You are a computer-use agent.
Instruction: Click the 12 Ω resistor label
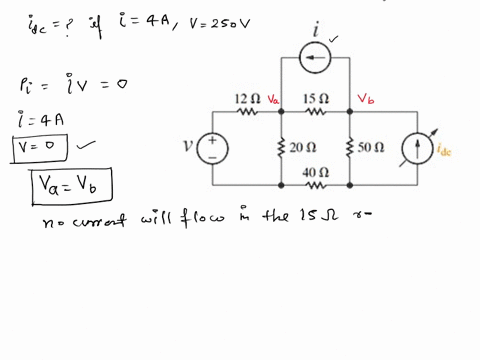point(246,99)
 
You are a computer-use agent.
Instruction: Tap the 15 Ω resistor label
point(316,99)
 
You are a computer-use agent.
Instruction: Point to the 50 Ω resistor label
point(371,147)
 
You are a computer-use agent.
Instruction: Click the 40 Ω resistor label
point(316,172)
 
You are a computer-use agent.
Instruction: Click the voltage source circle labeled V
point(213,148)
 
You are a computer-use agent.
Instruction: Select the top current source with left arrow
point(316,59)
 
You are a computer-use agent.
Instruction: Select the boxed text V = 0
point(38,148)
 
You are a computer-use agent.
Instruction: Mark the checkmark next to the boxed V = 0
point(86,144)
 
